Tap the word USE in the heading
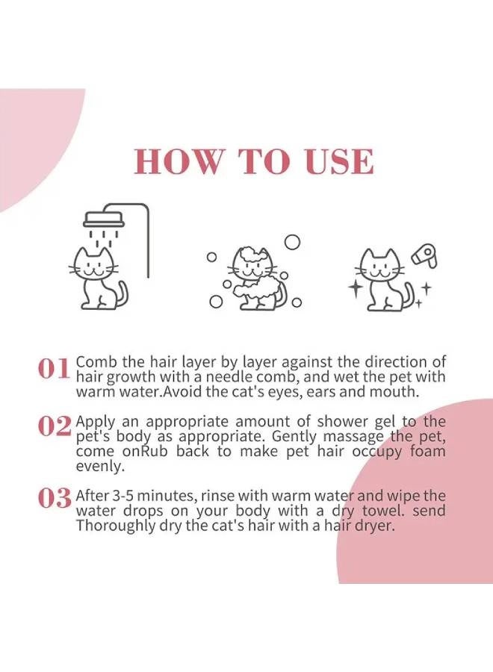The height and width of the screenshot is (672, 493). (x=336, y=162)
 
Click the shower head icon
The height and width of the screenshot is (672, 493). (x=103, y=219)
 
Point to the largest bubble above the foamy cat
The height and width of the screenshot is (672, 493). (x=292, y=241)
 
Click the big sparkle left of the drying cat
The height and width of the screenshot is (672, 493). (x=356, y=287)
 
